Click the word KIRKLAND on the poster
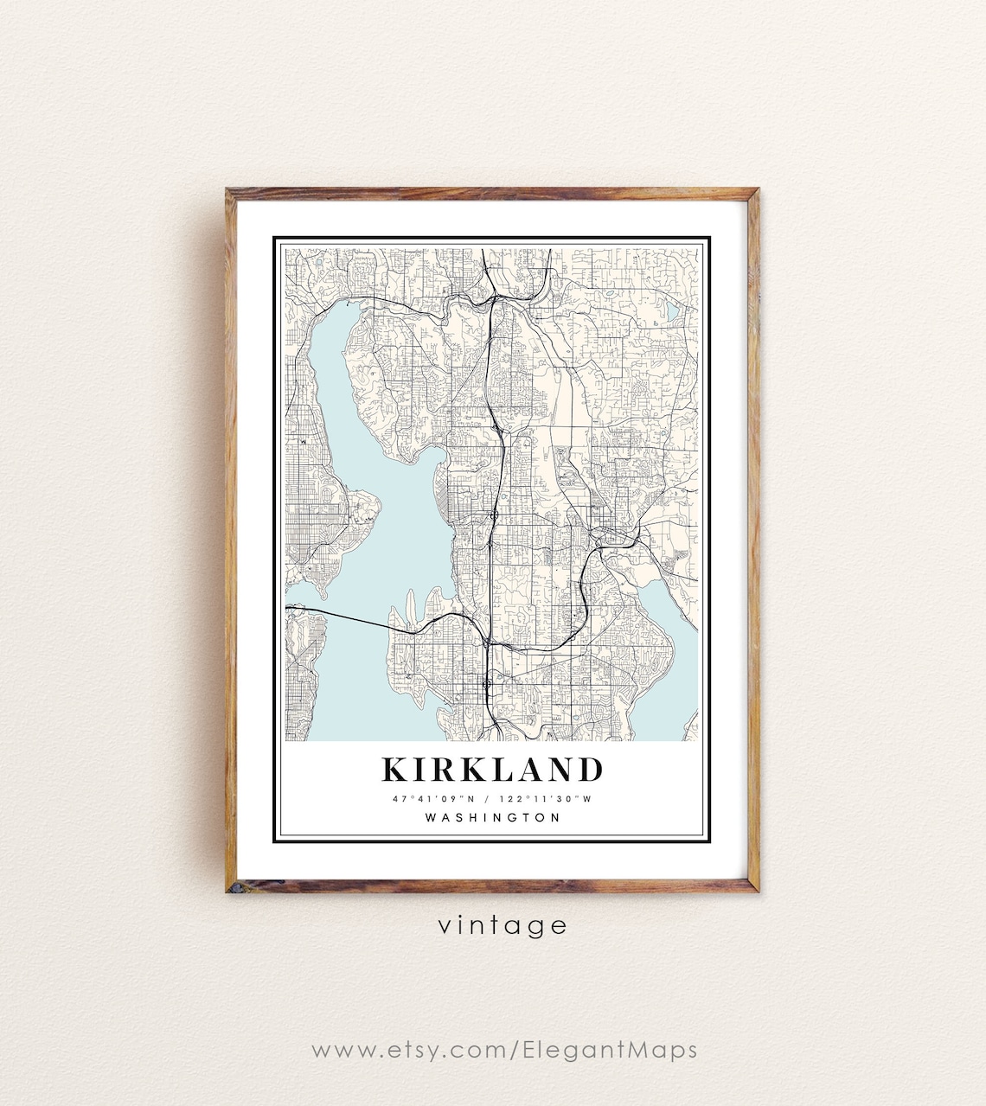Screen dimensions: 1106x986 tap(492, 769)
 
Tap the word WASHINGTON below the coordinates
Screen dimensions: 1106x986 tap(493, 817)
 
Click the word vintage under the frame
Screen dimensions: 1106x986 tap(503, 925)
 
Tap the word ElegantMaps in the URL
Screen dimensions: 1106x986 tap(610, 1050)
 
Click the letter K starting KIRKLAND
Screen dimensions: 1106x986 tap(394, 769)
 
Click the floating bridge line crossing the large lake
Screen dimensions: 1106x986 tap(346, 617)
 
